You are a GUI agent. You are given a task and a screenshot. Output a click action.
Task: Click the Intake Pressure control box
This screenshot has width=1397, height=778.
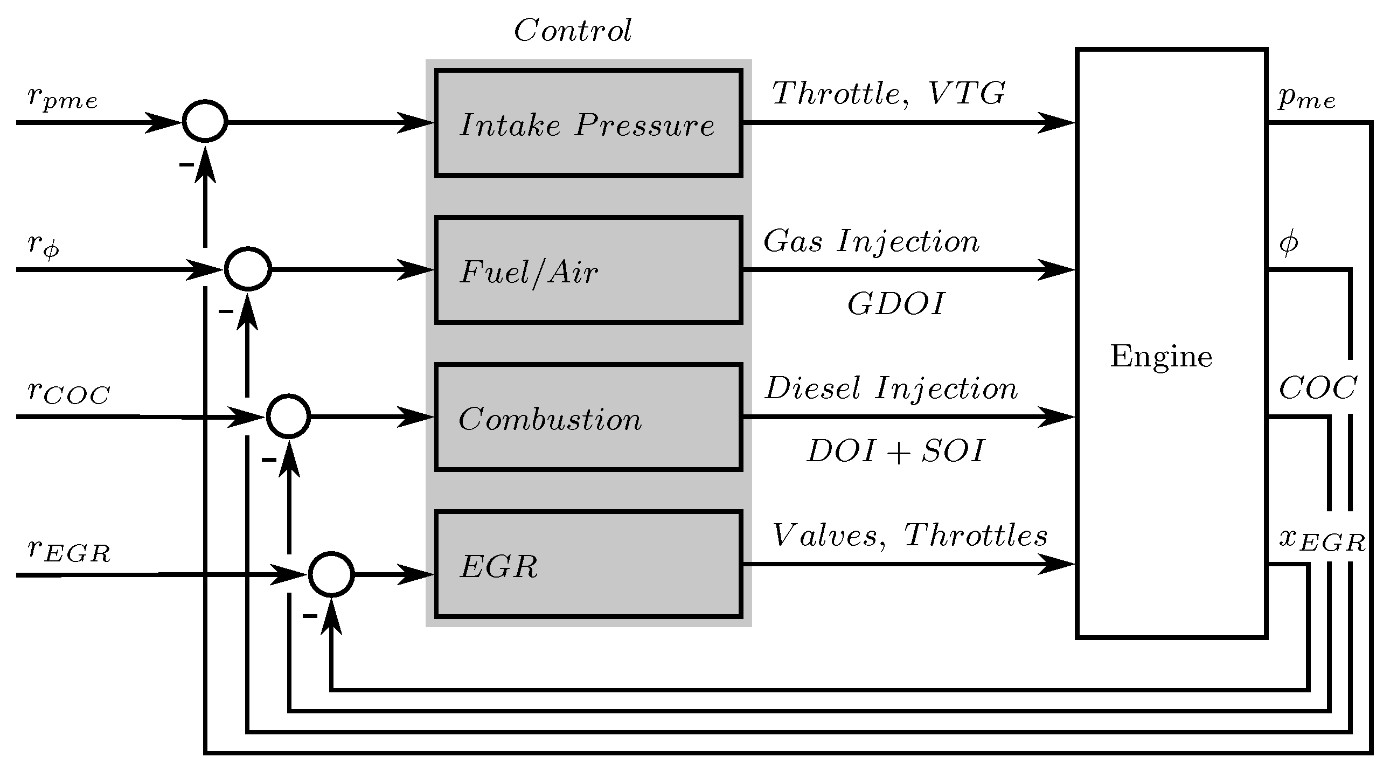click(588, 123)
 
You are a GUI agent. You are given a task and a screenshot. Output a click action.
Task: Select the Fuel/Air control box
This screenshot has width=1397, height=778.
click(588, 270)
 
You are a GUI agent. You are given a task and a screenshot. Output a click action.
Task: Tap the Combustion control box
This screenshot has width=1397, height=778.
click(588, 417)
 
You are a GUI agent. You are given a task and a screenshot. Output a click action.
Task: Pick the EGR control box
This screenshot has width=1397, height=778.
click(588, 565)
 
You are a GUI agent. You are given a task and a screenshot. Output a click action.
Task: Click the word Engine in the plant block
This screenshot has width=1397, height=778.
click(1161, 357)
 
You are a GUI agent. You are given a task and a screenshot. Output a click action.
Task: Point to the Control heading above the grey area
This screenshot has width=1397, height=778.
click(572, 30)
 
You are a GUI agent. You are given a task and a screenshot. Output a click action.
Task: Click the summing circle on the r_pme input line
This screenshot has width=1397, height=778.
click(204, 121)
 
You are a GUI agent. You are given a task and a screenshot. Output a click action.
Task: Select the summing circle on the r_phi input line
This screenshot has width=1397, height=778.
click(248, 269)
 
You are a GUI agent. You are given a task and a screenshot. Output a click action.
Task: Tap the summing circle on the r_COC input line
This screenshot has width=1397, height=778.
click(288, 416)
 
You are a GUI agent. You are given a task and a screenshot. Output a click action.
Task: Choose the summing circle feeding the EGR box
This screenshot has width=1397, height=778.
click(331, 575)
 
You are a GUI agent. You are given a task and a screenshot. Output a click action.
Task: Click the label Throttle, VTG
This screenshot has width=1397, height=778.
click(888, 93)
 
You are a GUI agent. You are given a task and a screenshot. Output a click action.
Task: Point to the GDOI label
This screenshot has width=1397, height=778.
click(896, 304)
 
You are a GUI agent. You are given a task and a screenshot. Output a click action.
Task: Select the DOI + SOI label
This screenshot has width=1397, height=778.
click(896, 451)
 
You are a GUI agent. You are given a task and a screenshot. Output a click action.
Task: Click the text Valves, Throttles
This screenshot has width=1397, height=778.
click(909, 536)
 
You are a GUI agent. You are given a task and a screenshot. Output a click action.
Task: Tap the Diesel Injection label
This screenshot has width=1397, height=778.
click(891, 388)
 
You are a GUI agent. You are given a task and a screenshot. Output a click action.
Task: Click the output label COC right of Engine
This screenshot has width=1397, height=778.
click(1318, 388)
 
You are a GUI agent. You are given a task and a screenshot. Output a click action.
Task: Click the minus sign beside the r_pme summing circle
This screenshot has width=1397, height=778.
click(186, 164)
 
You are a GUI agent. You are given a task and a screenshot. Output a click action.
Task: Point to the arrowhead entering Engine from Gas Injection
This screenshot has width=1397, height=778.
click(1058, 269)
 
